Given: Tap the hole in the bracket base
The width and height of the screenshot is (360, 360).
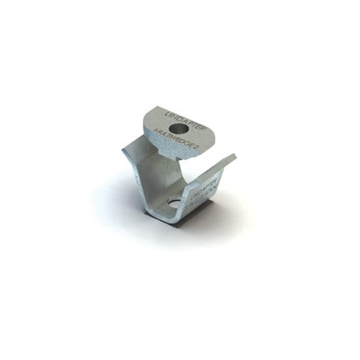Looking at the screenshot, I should pos(174,204).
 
